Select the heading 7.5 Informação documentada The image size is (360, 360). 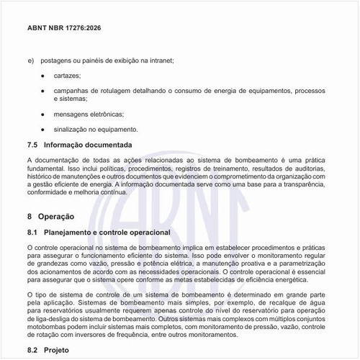tap(79, 145)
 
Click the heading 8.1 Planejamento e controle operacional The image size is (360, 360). tap(98, 233)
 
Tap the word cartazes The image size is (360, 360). tap(67, 76)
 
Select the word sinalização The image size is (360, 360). tap(71, 130)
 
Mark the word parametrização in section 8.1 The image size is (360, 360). tap(303, 264)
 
